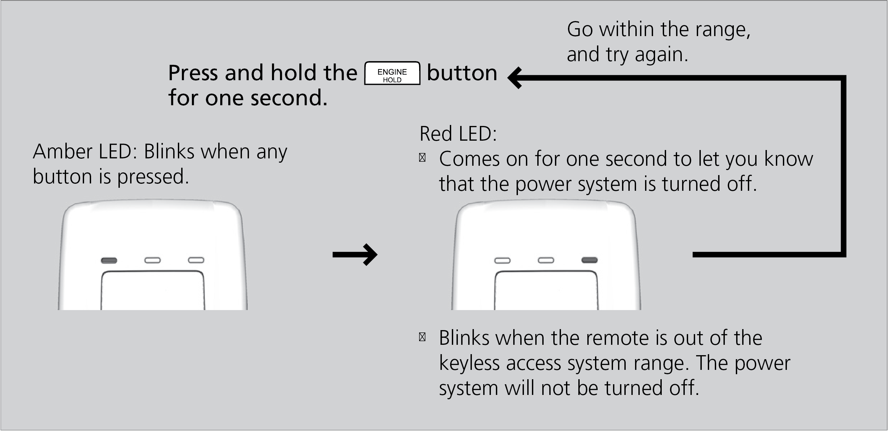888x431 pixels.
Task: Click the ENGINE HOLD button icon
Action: click(x=392, y=73)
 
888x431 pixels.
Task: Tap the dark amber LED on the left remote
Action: click(x=109, y=260)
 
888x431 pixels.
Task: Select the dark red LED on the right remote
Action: click(x=589, y=260)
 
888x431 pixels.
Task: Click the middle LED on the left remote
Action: click(x=153, y=260)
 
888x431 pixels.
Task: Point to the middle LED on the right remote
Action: click(x=546, y=260)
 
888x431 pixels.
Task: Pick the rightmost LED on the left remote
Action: click(x=196, y=260)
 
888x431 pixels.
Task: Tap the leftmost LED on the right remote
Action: click(x=502, y=261)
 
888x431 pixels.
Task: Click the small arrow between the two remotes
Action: click(x=355, y=255)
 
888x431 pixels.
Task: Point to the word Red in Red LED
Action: click(x=436, y=134)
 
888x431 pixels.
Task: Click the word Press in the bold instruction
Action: click(x=193, y=73)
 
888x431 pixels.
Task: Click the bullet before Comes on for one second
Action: click(x=422, y=158)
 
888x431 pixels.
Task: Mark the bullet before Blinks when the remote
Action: click(x=422, y=337)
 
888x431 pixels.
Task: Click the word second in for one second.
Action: click(x=289, y=98)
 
